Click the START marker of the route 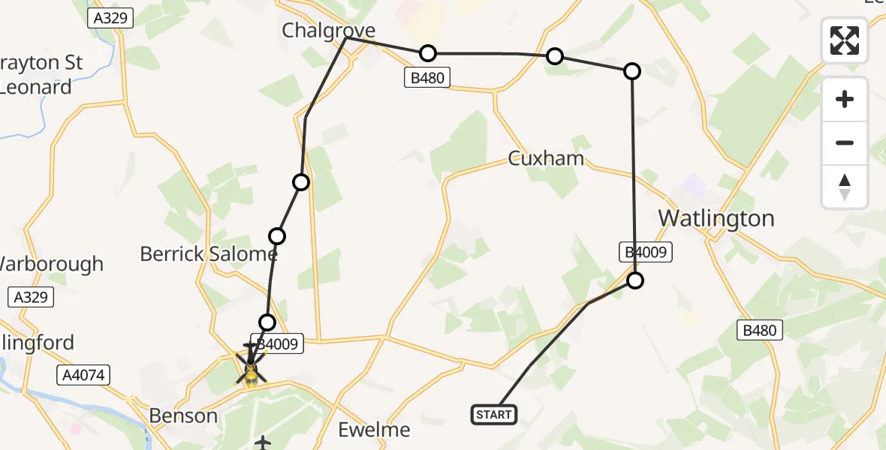tap(493, 415)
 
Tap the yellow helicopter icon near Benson tap(250, 367)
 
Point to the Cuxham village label tap(546, 159)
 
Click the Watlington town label tap(716, 218)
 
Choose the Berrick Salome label tap(209, 253)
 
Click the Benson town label tap(183, 415)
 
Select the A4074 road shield tap(83, 374)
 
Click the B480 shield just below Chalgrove tap(429, 77)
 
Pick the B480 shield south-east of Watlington tap(760, 330)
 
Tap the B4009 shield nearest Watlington tap(644, 252)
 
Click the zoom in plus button tap(845, 99)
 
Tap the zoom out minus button tap(845, 142)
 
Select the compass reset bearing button tap(845, 186)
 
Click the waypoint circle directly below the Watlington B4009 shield tap(635, 280)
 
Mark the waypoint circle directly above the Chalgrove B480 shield tap(427, 53)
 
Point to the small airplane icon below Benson tap(263, 442)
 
